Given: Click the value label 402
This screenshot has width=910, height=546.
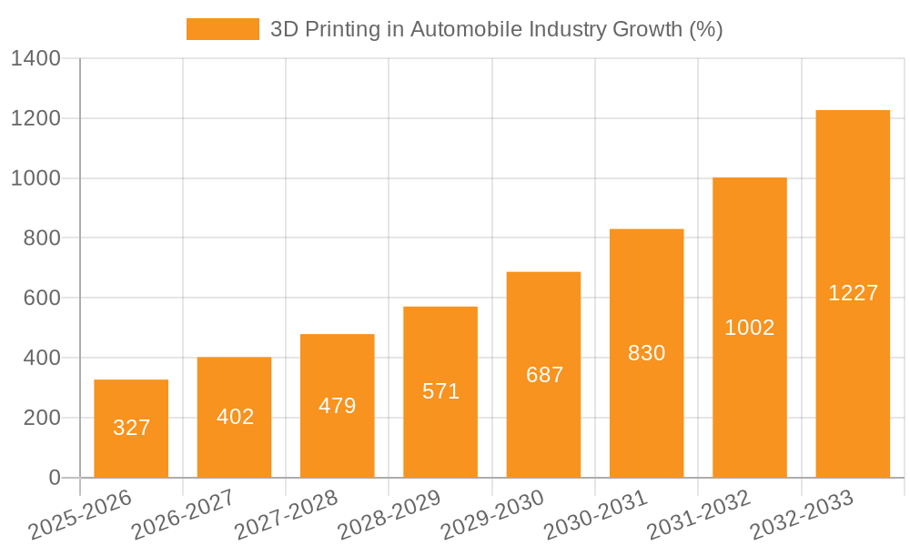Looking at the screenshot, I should click(x=235, y=417).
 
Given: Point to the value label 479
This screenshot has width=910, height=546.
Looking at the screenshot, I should click(x=338, y=406).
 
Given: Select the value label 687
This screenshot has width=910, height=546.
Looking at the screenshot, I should click(x=544, y=375).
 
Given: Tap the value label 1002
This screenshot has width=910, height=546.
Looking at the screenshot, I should click(x=750, y=328).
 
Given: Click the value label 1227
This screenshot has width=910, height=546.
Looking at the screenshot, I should click(x=853, y=293).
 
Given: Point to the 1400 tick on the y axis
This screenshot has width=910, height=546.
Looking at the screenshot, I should click(x=35, y=59).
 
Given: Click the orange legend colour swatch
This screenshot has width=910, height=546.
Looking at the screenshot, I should click(x=223, y=29).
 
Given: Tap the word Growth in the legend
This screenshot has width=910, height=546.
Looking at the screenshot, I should click(x=648, y=29).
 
